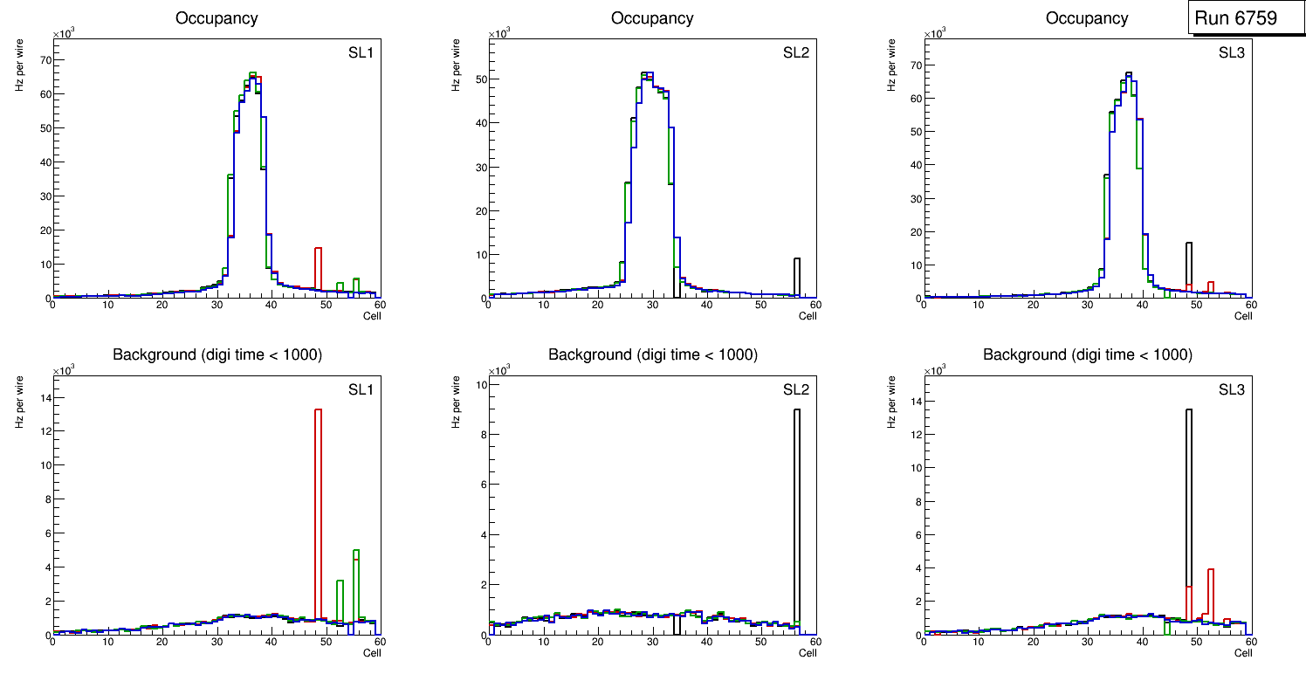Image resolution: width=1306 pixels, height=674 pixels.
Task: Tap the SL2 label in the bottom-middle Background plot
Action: click(795, 389)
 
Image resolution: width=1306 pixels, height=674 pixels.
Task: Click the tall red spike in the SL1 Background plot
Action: click(319, 515)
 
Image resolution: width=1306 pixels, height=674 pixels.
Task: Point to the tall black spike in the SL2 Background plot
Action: click(796, 515)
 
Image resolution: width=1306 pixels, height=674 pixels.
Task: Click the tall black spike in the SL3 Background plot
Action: click(1188, 515)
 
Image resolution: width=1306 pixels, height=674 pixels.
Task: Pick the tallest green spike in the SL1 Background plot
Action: click(356, 585)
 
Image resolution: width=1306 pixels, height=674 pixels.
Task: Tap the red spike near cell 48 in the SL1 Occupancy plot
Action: click(319, 271)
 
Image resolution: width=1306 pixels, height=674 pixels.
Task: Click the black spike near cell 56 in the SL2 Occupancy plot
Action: click(796, 278)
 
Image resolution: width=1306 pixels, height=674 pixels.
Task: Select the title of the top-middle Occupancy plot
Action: click(652, 18)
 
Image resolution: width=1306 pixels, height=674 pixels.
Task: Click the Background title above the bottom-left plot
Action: click(217, 354)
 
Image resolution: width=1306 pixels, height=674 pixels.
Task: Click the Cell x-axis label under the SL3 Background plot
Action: click(1242, 652)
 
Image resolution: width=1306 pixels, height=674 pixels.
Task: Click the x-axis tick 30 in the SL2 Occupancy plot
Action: click(652, 304)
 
